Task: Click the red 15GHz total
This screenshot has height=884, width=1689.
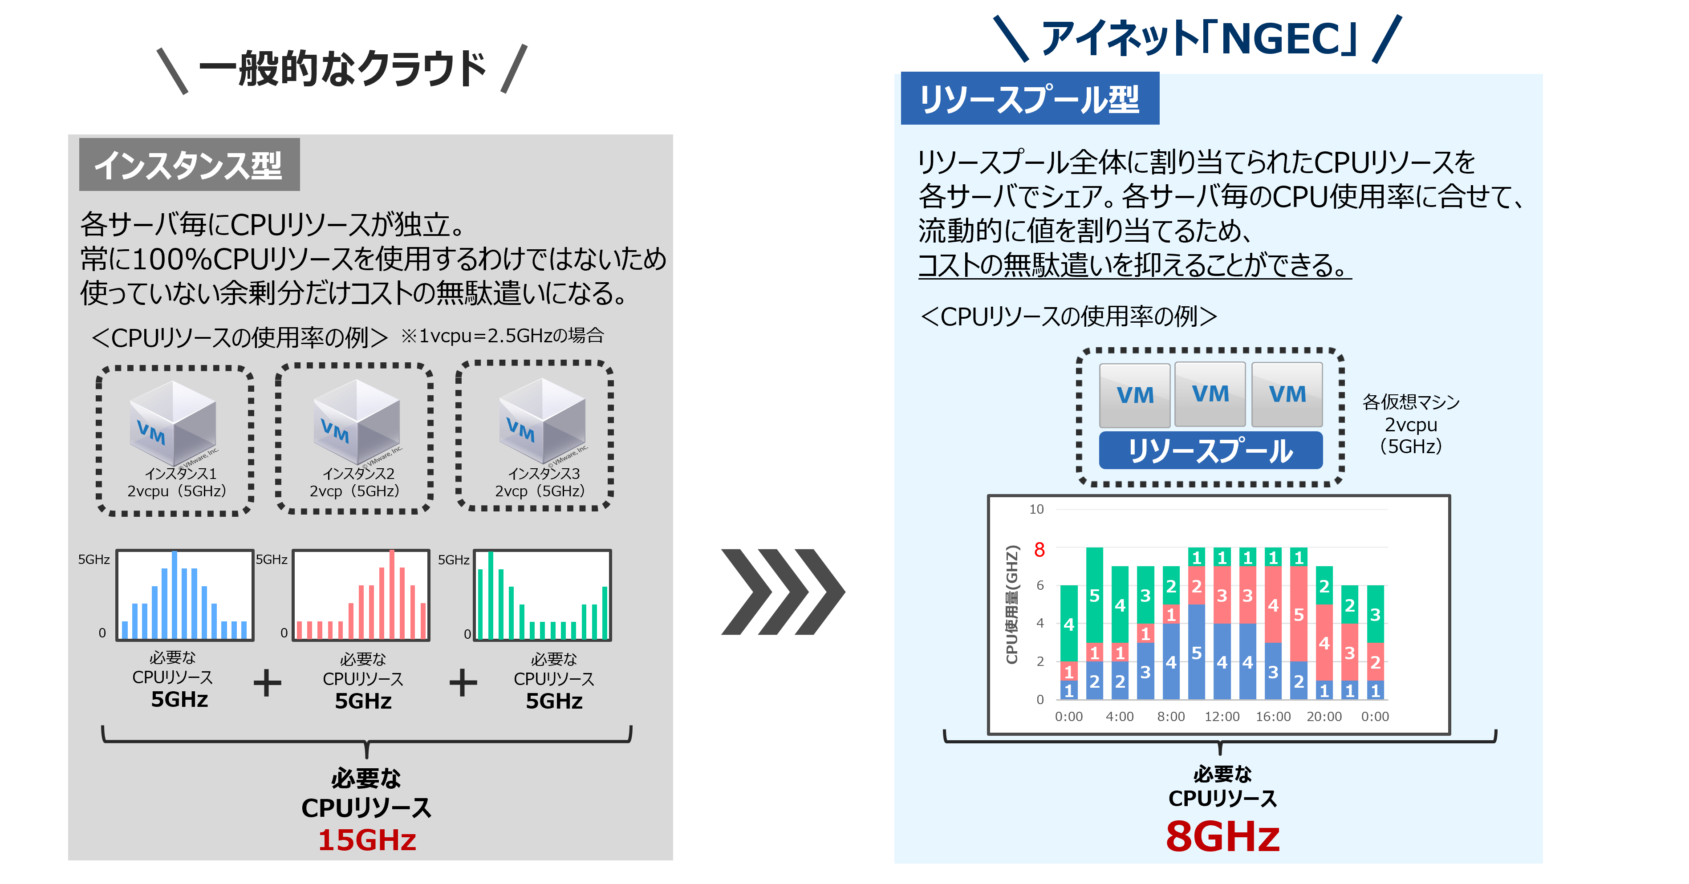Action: [367, 839]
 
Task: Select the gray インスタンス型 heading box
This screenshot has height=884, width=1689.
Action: [190, 165]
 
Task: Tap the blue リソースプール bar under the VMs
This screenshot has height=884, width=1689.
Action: [1210, 450]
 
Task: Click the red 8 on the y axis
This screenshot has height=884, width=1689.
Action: [1039, 550]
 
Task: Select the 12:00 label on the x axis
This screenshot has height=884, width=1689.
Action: [1222, 716]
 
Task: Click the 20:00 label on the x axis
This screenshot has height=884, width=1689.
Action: [1324, 716]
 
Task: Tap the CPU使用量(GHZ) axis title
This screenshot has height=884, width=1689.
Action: [1012, 604]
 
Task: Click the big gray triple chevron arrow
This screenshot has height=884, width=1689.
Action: [783, 592]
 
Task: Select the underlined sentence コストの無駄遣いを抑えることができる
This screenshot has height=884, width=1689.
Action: [1134, 266]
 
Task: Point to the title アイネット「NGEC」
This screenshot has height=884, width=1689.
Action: [1198, 38]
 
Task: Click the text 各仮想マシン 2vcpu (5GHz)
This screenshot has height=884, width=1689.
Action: [1411, 424]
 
